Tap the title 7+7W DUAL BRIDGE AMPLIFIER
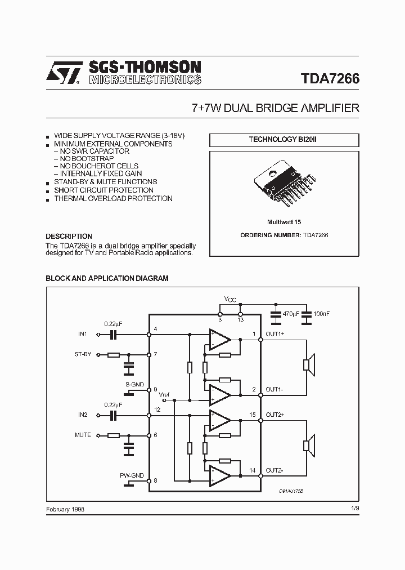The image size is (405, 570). click(275, 108)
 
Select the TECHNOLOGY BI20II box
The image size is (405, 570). click(283, 140)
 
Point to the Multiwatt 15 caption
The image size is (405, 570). click(284, 222)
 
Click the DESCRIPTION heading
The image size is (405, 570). click(69, 237)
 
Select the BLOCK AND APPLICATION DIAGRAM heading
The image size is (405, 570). click(107, 278)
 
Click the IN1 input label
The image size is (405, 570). click(83, 334)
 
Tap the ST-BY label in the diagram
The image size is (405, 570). click(83, 355)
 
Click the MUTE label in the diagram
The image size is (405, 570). click(83, 435)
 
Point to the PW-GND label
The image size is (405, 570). click(132, 476)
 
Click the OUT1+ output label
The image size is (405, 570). click(275, 334)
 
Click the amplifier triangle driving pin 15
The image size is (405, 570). click(220, 420)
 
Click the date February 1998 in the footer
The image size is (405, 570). click(65, 509)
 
